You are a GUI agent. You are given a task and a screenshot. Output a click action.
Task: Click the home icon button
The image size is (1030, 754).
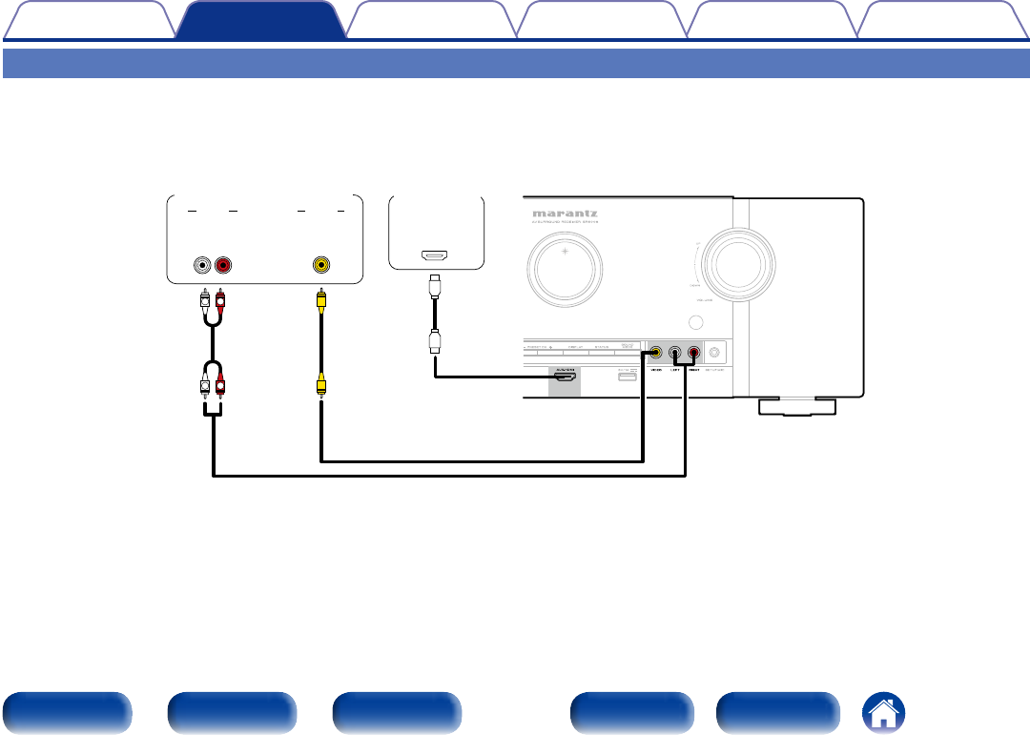point(885,713)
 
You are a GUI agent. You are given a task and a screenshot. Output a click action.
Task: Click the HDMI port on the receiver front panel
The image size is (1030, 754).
point(566,378)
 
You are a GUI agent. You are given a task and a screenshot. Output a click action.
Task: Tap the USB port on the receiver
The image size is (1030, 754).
point(627,378)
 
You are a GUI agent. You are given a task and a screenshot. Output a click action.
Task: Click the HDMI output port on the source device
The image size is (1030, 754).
point(436,256)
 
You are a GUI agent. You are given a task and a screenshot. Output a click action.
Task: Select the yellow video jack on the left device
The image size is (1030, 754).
point(322,264)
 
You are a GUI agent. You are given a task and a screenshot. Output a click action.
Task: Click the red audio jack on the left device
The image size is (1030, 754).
point(222,264)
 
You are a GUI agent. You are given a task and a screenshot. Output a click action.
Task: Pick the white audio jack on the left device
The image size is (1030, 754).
point(203,264)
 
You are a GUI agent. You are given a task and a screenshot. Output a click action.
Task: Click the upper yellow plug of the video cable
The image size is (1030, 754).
point(322,301)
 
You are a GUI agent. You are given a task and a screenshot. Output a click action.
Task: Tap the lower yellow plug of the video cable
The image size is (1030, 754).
point(322,384)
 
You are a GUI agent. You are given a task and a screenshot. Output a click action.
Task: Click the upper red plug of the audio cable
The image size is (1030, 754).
point(221,301)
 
